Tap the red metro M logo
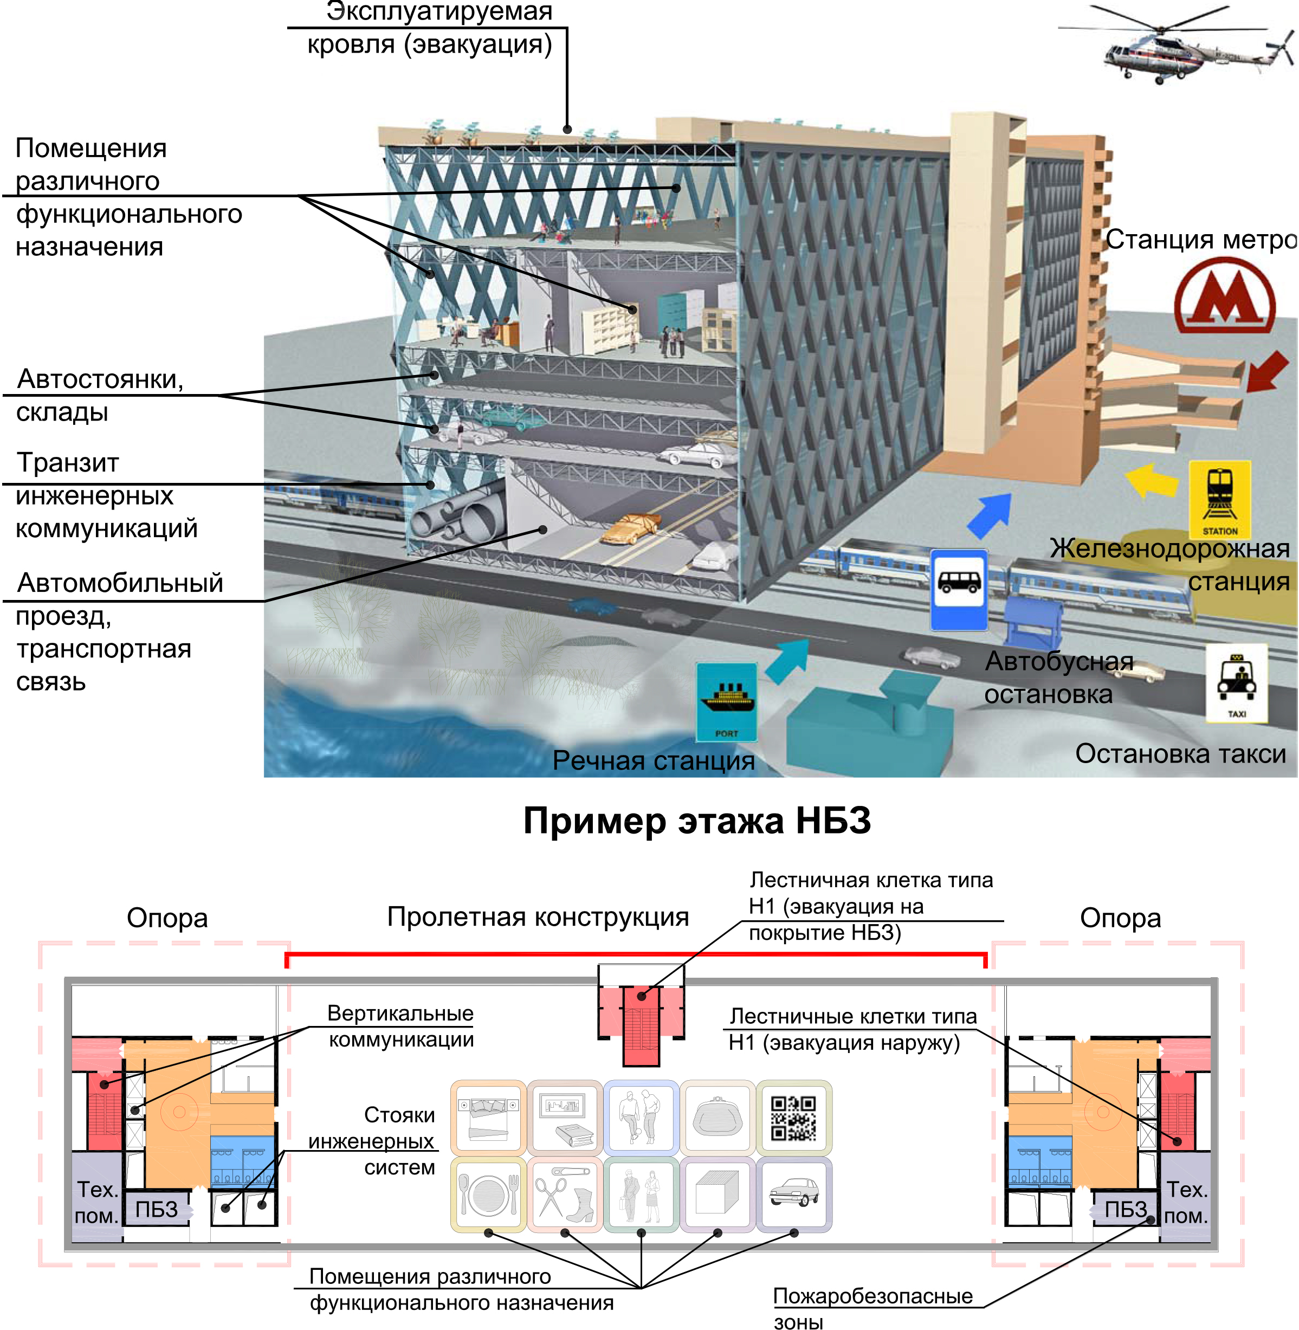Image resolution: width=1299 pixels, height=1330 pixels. click(1225, 297)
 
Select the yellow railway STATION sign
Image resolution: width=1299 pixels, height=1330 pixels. click(1219, 499)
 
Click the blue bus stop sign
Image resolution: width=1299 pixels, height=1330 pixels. click(959, 590)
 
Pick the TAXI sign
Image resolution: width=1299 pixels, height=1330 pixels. click(1236, 683)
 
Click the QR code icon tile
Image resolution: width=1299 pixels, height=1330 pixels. click(793, 1118)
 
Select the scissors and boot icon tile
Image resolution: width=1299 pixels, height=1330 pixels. click(564, 1194)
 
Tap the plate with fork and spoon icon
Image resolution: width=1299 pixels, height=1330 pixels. click(488, 1194)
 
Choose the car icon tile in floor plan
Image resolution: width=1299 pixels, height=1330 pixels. click(793, 1194)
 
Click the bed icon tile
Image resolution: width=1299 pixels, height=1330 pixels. click(488, 1118)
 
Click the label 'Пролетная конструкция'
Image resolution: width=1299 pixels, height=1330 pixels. click(538, 917)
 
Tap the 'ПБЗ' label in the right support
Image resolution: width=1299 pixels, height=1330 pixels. click(1126, 1210)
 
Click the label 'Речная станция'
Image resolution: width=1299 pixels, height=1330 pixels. click(653, 760)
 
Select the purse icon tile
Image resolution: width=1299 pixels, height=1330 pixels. click(717, 1118)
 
